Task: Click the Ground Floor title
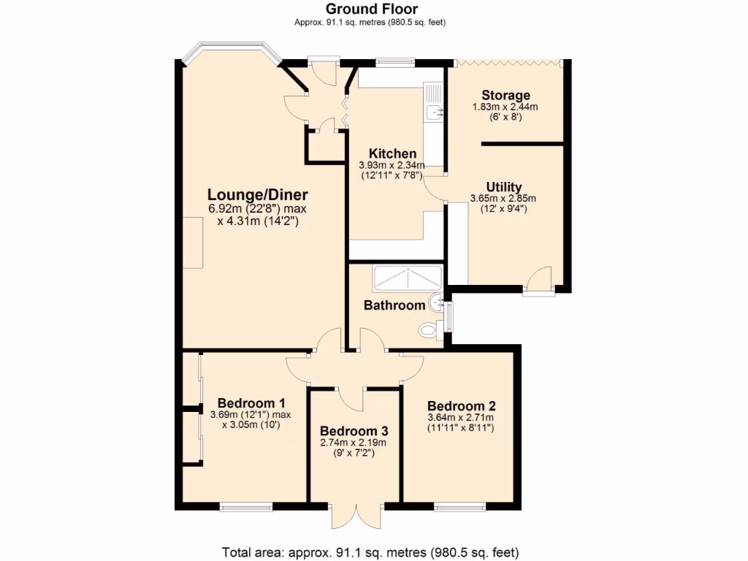pyautogui.click(x=371, y=9)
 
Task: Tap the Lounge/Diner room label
pyautogui.click(x=258, y=195)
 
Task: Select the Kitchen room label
pyautogui.click(x=392, y=153)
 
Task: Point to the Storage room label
pyautogui.click(x=505, y=96)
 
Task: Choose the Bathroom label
pyautogui.click(x=394, y=305)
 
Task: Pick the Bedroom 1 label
pyautogui.click(x=251, y=403)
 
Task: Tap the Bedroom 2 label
pyautogui.click(x=462, y=406)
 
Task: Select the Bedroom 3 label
pyautogui.click(x=354, y=431)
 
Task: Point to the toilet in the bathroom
pyautogui.click(x=430, y=331)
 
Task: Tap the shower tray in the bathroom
pyautogui.click(x=407, y=278)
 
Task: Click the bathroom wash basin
pyautogui.click(x=436, y=302)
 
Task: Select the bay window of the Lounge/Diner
pyautogui.click(x=230, y=53)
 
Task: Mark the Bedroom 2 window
pyautogui.click(x=460, y=506)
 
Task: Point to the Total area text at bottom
pyautogui.click(x=370, y=552)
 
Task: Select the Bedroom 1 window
pyautogui.click(x=246, y=506)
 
